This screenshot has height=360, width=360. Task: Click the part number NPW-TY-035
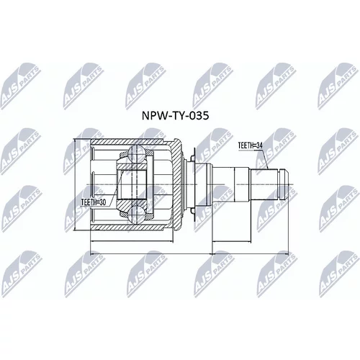175,116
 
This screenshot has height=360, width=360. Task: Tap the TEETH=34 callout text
251,145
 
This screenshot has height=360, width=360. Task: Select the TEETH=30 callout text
94,202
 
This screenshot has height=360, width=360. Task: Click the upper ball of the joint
136,153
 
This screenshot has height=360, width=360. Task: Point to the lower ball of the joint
136,215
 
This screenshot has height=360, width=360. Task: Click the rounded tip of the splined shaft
286,184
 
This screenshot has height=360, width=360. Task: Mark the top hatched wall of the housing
131,142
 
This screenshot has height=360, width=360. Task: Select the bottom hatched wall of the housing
131,227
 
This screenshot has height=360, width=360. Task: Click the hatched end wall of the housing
177,184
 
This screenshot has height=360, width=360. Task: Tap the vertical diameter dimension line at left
75,184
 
